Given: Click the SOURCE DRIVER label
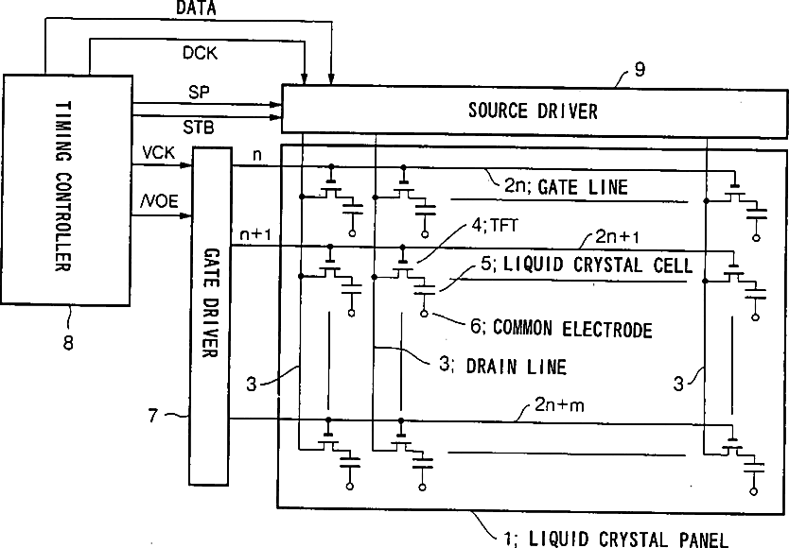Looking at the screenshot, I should (533, 111).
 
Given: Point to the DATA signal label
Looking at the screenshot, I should (195, 9).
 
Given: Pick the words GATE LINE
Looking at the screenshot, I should (583, 186).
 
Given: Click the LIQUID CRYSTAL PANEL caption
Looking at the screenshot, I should (627, 539).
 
